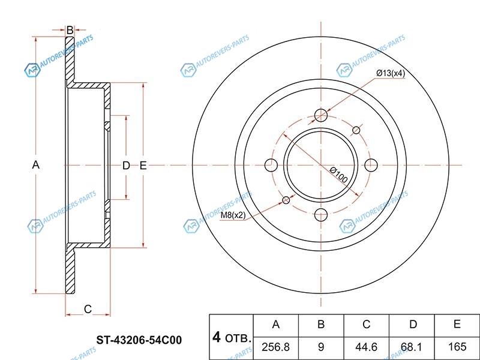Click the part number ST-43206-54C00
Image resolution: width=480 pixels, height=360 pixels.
pos(139,340)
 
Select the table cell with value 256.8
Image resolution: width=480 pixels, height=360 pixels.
pos(276,348)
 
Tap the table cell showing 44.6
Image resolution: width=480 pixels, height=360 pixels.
pos(366,348)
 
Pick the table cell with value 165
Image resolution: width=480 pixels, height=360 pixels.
pos(457,348)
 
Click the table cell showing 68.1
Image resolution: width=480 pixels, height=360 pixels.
pos(412,348)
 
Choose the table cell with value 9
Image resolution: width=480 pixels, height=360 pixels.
pos(321,348)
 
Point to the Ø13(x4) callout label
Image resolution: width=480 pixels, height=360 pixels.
pos(391,73)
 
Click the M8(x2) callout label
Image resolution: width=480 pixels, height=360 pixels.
pos(233,215)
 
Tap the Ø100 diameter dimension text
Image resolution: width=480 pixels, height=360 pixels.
pos(339,175)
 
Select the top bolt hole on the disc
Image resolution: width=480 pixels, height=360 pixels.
pos(321,115)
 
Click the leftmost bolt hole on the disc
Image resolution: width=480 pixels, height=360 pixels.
pos(271,166)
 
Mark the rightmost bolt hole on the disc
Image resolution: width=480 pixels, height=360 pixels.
pos(371,166)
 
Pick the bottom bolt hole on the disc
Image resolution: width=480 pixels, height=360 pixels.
pos(321,215)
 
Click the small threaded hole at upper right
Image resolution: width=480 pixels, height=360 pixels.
pos(356,130)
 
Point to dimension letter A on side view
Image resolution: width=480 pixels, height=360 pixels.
pos(36,165)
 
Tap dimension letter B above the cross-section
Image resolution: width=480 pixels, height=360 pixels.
pos(70,31)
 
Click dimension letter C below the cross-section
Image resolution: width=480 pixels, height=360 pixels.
pos(88,309)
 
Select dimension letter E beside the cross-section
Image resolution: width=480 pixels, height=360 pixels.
pos(143,166)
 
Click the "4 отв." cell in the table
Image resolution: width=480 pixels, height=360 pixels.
pos(232,337)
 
